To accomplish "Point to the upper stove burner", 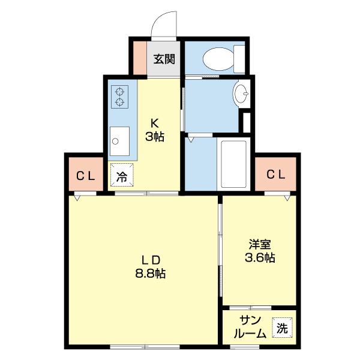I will (x=120, y=91).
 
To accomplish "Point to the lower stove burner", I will (x=120, y=102).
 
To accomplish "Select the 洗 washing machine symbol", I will (x=281, y=329).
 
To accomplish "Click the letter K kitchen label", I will (x=155, y=125).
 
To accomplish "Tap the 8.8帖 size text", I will (x=150, y=274).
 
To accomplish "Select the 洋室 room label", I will (x=260, y=245).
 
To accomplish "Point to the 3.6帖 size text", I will (x=260, y=259).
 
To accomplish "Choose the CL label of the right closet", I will (x=275, y=175).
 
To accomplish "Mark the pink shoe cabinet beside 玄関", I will (x=139, y=58).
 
